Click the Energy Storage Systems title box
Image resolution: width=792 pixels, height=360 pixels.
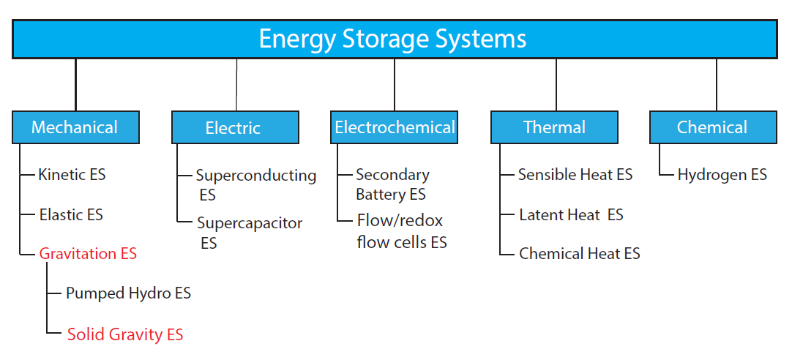tap(395, 39)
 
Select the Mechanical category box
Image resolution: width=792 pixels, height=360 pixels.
tap(75, 127)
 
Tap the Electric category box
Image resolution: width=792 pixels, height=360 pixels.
tap(235, 127)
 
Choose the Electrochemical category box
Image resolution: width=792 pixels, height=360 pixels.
tap(395, 127)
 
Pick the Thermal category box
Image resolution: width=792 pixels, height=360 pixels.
tap(554, 127)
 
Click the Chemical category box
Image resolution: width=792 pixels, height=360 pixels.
tap(713, 127)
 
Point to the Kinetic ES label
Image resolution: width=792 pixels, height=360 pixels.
tap(72, 175)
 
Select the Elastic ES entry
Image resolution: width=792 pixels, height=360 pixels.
tap(71, 214)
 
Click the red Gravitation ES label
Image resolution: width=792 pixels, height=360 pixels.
tap(88, 253)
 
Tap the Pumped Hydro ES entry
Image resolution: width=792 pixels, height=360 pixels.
tap(128, 293)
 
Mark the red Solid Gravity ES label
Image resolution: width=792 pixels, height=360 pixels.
tap(125, 334)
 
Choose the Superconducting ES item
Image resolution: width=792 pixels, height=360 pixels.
tap(256, 185)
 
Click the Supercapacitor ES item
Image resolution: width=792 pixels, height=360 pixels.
tap(250, 233)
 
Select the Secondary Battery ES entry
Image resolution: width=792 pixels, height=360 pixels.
tap(392, 184)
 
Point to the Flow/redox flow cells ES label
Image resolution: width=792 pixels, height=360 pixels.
tap(402, 231)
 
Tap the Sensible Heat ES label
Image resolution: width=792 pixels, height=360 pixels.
tap(575, 175)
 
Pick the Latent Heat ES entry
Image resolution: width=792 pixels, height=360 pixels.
tap(571, 214)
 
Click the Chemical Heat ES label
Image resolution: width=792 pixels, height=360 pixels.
tap(579, 253)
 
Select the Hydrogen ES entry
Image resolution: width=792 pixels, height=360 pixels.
tap(722, 175)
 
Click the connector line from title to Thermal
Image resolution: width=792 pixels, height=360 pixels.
tap(556, 85)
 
